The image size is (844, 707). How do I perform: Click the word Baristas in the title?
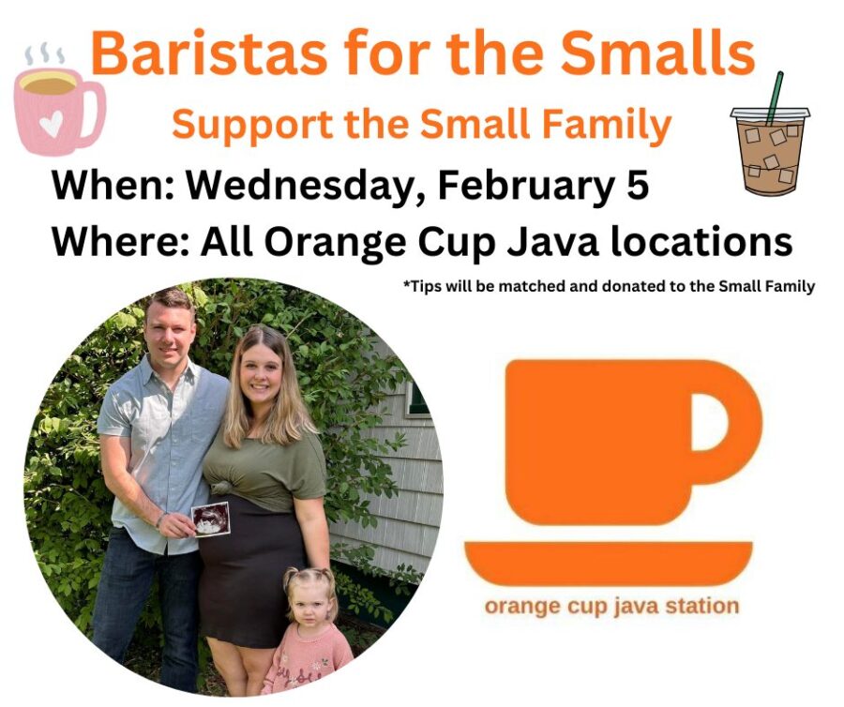coord(208,53)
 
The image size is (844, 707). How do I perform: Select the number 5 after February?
coord(638,185)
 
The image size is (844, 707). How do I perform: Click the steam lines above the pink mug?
coord(45,54)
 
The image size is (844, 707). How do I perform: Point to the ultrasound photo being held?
coord(211,519)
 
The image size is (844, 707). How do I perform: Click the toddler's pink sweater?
coord(307,660)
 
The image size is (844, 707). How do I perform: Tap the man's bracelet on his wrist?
coord(159,519)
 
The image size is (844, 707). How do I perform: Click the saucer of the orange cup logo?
coord(608,563)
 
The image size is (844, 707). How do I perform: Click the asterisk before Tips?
coord(407,283)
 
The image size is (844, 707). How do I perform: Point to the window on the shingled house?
coord(416,399)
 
